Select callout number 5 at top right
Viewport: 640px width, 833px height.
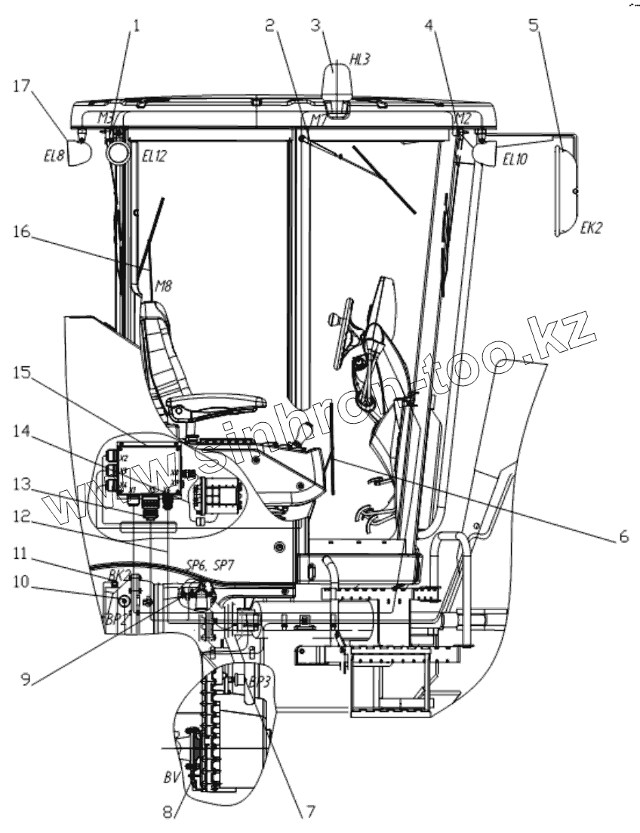click(534, 25)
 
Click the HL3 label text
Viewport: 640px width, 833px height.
click(359, 60)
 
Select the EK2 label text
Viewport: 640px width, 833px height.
click(591, 226)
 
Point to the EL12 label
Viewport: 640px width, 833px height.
click(154, 156)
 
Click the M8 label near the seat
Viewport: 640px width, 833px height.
click(164, 286)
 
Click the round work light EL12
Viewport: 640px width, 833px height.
click(118, 154)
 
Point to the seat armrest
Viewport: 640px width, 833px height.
click(219, 400)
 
